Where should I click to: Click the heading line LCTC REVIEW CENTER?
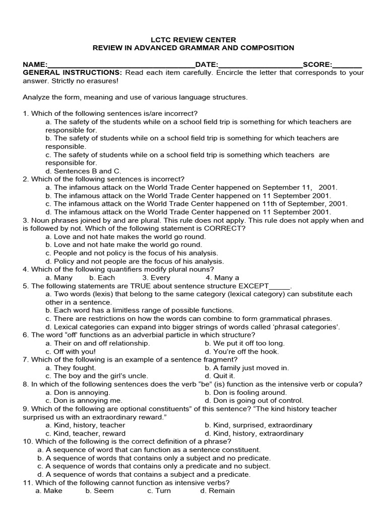[193, 40]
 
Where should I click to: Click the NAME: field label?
[35, 64]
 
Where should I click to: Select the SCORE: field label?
[317, 64]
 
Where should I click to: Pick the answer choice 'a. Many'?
[59, 278]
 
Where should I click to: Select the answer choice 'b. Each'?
[102, 278]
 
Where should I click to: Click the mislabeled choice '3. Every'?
[156, 278]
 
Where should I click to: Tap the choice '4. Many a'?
[222, 278]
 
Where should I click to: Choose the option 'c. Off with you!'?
[71, 352]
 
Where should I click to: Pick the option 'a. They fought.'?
[71, 368]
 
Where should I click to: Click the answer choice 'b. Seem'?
[99, 490]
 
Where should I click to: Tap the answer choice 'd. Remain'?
[217, 490]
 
